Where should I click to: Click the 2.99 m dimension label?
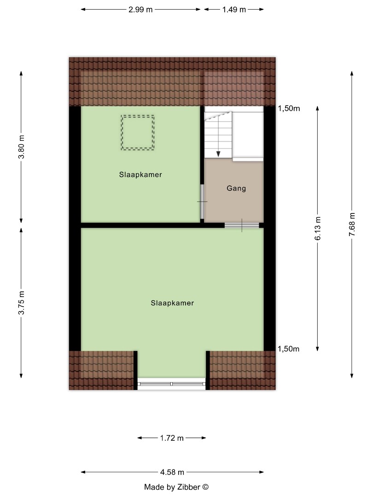[x=141, y=9]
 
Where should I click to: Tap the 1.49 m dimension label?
[x=234, y=9]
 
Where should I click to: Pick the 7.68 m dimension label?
[x=352, y=225]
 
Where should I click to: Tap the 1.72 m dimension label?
[x=172, y=438]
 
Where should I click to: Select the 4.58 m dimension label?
[x=172, y=472]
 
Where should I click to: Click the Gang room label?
[x=236, y=189]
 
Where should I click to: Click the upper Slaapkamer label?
[x=140, y=175]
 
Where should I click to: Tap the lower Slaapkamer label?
[x=172, y=303]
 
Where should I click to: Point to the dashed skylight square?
[x=138, y=132]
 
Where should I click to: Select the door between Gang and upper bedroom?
[x=202, y=202]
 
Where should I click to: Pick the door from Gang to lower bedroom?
[x=242, y=225]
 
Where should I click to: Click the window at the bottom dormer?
[x=172, y=384]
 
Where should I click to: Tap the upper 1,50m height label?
[x=289, y=109]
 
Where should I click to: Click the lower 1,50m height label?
[x=289, y=349]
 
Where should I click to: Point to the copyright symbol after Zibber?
[x=206, y=487]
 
